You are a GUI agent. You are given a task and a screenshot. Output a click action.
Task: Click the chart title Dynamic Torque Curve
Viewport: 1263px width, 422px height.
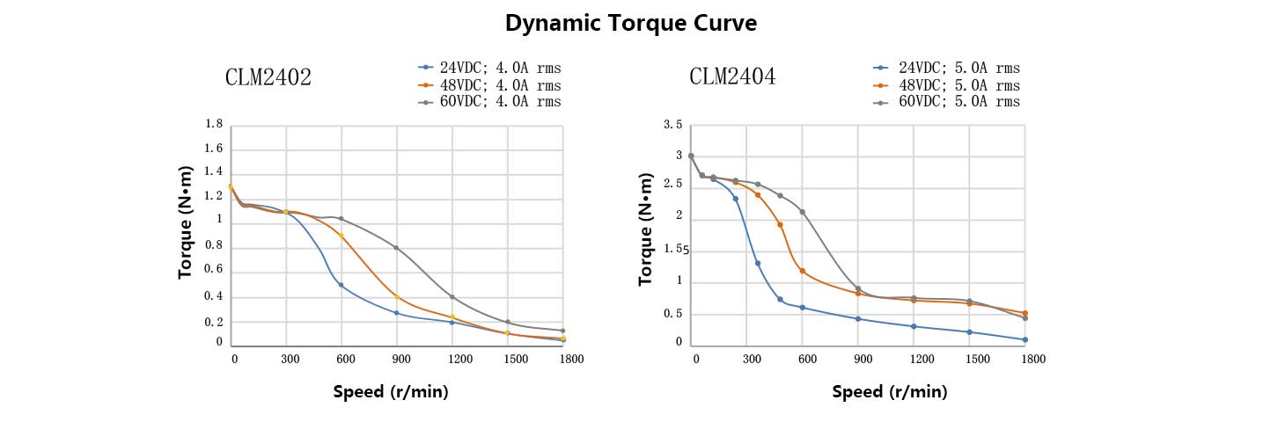click(630, 24)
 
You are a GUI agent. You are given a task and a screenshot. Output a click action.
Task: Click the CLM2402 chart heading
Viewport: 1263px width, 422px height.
click(268, 77)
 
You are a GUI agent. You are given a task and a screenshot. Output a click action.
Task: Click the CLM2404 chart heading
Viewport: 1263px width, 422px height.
click(732, 77)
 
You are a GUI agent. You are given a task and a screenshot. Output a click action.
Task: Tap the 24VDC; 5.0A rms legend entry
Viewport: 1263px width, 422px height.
click(958, 68)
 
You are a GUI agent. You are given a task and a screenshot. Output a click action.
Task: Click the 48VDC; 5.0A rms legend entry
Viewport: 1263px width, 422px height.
click(958, 85)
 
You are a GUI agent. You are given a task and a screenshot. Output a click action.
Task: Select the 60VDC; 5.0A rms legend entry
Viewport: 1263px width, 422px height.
click(958, 102)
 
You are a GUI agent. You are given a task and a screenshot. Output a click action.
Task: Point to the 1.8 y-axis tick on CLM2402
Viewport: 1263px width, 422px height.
click(213, 124)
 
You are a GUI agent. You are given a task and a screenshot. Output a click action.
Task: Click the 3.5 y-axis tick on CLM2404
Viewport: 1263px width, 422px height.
click(673, 125)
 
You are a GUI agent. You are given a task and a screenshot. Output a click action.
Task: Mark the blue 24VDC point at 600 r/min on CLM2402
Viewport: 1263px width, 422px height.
click(341, 285)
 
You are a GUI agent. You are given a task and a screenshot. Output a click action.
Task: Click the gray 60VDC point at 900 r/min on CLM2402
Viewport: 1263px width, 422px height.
click(396, 248)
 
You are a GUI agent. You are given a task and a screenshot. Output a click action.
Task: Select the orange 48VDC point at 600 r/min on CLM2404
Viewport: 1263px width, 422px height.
click(802, 271)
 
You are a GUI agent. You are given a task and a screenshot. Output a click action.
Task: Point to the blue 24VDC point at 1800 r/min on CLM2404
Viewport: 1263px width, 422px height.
click(1024, 339)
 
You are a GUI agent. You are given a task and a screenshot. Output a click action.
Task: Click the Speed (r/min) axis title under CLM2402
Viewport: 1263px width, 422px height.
click(391, 392)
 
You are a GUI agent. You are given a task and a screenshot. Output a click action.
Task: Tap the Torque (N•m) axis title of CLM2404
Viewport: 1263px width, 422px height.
click(647, 229)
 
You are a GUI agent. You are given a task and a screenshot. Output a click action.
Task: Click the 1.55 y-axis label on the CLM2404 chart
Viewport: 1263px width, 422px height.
click(675, 250)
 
